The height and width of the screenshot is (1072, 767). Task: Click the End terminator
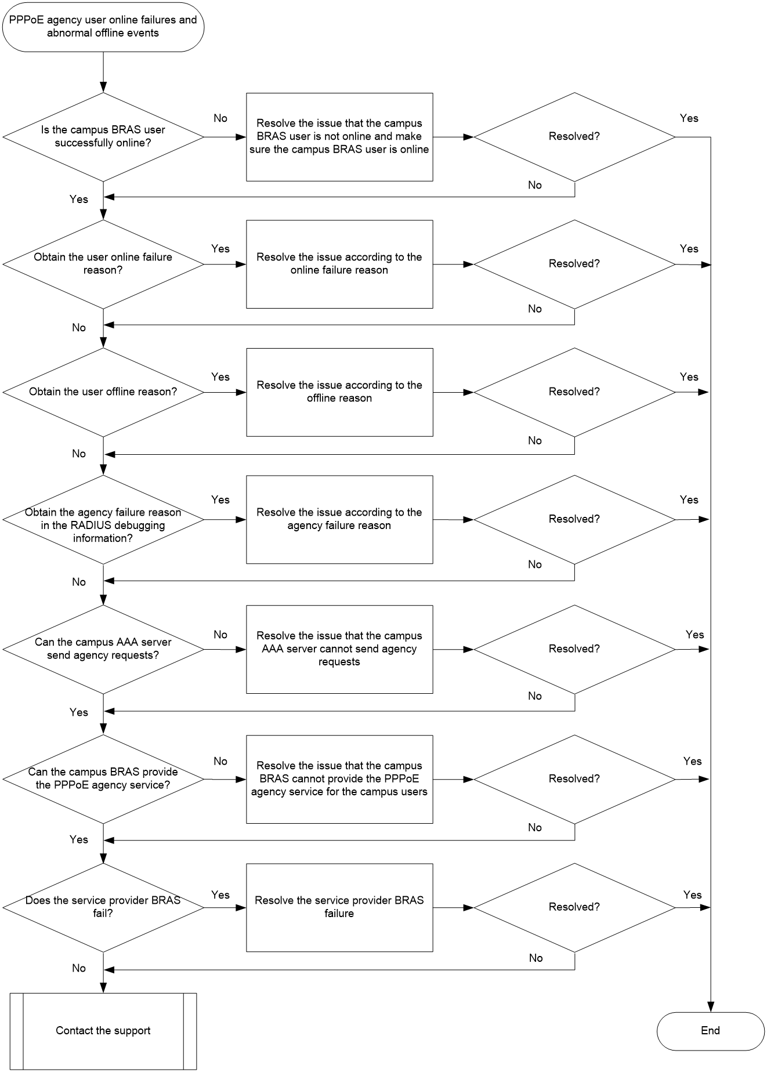[710, 1031]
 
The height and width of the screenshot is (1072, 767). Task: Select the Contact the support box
[103, 1031]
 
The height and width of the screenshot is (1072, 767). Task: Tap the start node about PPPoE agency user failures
[103, 27]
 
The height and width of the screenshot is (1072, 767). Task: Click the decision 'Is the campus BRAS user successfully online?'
[103, 137]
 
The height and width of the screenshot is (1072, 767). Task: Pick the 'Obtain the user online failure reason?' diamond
[103, 264]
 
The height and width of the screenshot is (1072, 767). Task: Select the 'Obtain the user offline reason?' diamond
[103, 392]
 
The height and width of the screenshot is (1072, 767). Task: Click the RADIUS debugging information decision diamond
[103, 520]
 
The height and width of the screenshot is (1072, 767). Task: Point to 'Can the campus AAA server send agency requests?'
[103, 650]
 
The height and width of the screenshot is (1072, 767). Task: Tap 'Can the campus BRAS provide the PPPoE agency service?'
[103, 779]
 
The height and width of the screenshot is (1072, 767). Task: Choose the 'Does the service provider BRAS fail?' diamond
[103, 907]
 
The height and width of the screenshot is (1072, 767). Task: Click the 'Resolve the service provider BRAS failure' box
[339, 907]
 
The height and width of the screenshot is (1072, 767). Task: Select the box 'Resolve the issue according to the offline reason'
[339, 392]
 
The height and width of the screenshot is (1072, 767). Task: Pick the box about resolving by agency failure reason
[339, 520]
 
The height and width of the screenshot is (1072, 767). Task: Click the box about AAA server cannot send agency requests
[339, 650]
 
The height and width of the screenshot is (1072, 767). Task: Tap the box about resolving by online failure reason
[339, 264]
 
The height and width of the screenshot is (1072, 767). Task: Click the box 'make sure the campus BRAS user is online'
[339, 137]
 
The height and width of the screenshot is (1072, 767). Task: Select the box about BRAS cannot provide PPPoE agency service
[339, 779]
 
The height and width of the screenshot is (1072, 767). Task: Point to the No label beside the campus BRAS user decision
[220, 118]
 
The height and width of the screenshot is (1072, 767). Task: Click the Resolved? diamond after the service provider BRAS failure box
[574, 907]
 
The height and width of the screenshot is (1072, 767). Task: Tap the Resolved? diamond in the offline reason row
[574, 392]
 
